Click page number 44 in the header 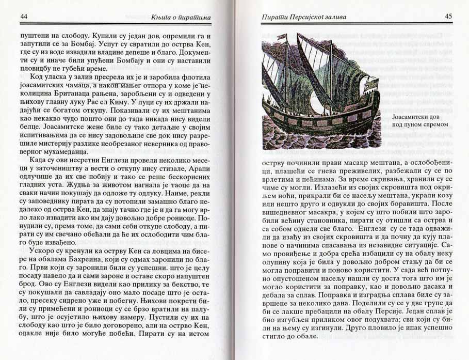point(24,17)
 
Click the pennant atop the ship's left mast point(282,37)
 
